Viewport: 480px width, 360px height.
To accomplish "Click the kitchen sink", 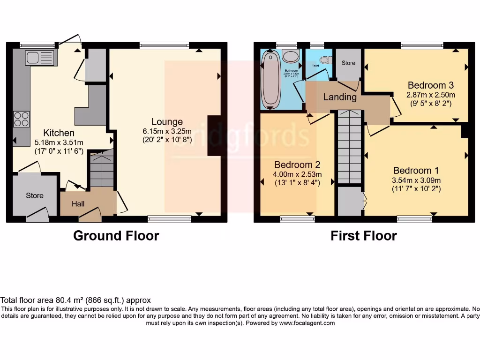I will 40,58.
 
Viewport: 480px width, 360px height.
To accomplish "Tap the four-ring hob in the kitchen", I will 22,119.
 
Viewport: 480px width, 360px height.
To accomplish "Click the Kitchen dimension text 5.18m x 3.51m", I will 59,142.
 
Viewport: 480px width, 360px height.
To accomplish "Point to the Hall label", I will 78,204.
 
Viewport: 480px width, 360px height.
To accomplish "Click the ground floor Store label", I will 35,195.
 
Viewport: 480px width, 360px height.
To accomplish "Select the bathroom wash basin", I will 292,57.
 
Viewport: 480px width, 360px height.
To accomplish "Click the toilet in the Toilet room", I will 325,60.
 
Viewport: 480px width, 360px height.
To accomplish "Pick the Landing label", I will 340,97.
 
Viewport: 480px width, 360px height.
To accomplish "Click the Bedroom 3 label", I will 430,85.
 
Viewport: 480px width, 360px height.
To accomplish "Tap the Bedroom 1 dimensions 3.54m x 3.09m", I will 416,180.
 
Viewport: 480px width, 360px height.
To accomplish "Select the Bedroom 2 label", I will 297,165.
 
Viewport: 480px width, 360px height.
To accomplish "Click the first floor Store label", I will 348,63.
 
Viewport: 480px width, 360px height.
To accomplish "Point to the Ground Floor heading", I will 116,235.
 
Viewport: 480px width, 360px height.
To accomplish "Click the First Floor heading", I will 363,235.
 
